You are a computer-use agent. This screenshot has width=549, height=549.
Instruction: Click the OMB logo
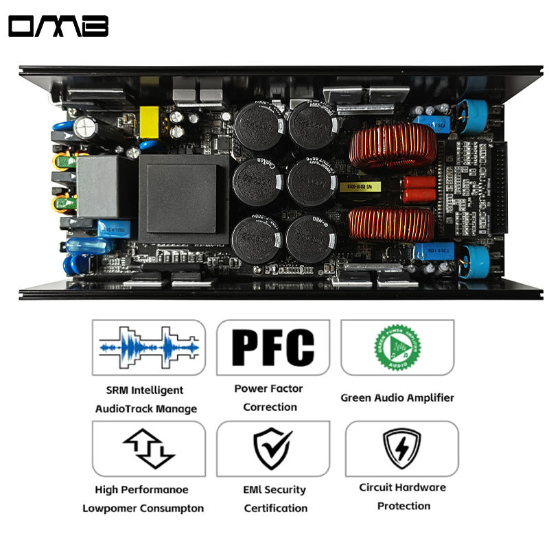[x=58, y=27]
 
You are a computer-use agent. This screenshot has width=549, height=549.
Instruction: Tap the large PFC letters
[x=272, y=347]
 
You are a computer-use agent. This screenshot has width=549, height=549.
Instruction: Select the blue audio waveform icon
[x=148, y=348]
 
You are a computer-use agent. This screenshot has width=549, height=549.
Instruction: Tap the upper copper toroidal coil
[x=393, y=145]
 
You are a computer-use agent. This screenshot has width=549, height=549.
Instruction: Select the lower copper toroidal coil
[x=393, y=224]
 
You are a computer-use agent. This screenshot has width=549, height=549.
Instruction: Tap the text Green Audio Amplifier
[x=397, y=397]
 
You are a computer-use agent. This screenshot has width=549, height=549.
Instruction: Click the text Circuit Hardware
[x=402, y=487]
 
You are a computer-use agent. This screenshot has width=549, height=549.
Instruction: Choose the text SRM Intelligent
[x=145, y=390]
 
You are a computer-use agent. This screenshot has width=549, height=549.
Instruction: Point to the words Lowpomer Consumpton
[x=143, y=509]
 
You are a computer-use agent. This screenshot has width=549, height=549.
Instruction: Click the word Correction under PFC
[x=270, y=407]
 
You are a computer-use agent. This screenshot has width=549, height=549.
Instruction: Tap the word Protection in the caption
[x=404, y=506]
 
